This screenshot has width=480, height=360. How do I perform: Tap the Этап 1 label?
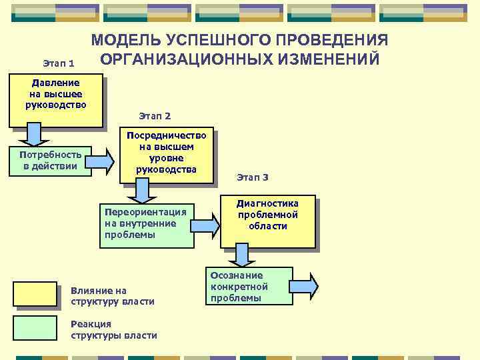click(x=59, y=63)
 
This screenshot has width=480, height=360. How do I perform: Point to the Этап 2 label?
click(x=155, y=116)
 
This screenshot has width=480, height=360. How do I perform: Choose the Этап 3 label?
click(x=253, y=177)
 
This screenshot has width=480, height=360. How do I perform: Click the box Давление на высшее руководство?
click(x=56, y=100)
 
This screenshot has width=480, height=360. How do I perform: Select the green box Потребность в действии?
click(x=51, y=160)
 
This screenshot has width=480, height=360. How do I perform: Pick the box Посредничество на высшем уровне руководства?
click(x=167, y=155)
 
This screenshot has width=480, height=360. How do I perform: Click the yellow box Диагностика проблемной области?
click(x=268, y=222)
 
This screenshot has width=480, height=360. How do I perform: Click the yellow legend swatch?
click(x=35, y=294)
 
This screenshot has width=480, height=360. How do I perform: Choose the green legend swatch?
click(x=35, y=328)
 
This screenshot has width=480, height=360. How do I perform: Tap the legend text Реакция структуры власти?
click(x=113, y=329)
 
